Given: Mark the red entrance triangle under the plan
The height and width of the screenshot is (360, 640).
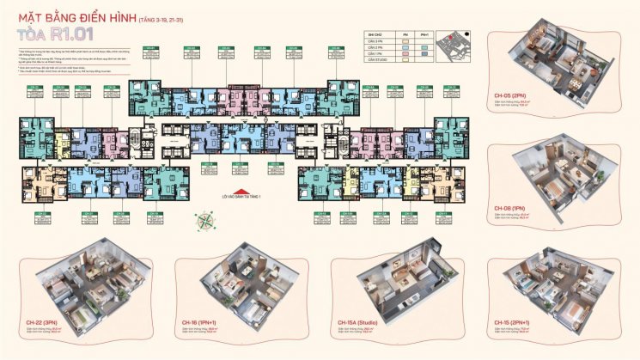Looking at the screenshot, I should pyautogui.click(x=245, y=192).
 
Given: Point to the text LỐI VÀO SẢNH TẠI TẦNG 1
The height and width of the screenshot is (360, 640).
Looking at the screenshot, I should pyautogui.click(x=245, y=198).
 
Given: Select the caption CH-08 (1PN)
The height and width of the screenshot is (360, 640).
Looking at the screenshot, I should pyautogui.click(x=509, y=210).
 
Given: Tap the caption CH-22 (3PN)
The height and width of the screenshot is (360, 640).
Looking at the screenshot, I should pyautogui.click(x=43, y=323).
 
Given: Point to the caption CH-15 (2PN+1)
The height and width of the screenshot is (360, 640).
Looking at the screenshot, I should pyautogui.click(x=513, y=323).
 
